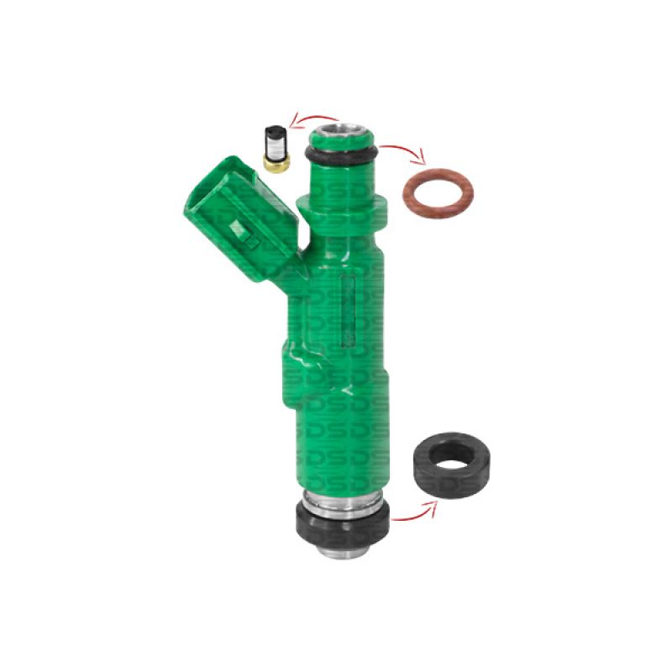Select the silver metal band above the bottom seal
point(342,503)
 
